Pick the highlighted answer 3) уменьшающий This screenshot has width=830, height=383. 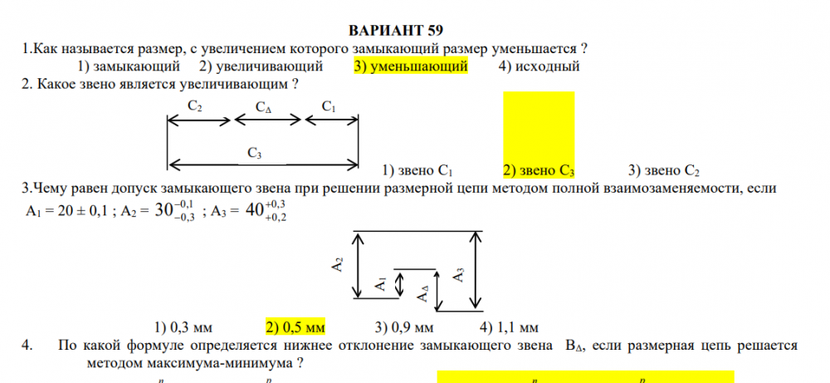[x=411, y=66]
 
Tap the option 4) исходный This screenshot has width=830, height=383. [x=539, y=66]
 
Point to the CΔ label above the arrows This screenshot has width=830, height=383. [x=263, y=108]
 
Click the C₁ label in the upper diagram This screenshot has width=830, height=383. [x=329, y=107]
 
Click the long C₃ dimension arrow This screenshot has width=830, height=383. [x=263, y=164]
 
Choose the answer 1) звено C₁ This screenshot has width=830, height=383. [x=417, y=171]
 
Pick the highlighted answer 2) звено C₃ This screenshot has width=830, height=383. [x=539, y=171]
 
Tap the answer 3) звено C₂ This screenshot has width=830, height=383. [x=664, y=171]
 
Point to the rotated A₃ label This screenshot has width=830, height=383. [x=459, y=275]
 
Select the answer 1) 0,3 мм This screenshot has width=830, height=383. [x=185, y=326]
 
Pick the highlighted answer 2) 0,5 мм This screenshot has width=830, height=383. [x=295, y=326]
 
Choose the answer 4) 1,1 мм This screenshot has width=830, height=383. [x=510, y=326]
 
